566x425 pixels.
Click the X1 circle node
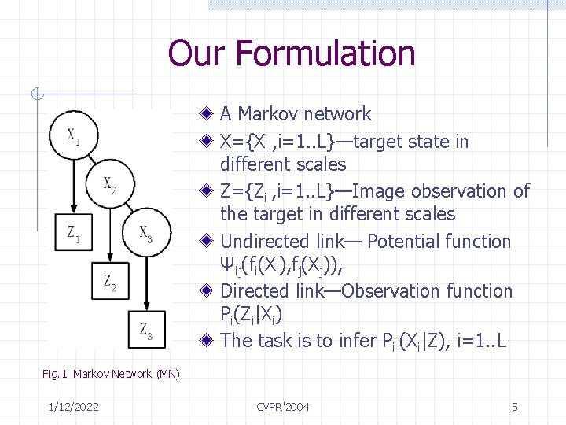(72, 137)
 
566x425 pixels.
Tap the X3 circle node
(145, 233)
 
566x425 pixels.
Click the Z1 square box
(72, 234)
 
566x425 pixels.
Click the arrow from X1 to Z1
(72, 189)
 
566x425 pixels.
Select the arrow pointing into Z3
(146, 283)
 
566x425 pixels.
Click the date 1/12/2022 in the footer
(72, 406)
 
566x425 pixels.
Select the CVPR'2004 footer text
(283, 406)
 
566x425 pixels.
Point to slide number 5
(514, 406)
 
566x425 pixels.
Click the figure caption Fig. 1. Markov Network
(111, 373)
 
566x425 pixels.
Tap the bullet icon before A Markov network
(206, 114)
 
